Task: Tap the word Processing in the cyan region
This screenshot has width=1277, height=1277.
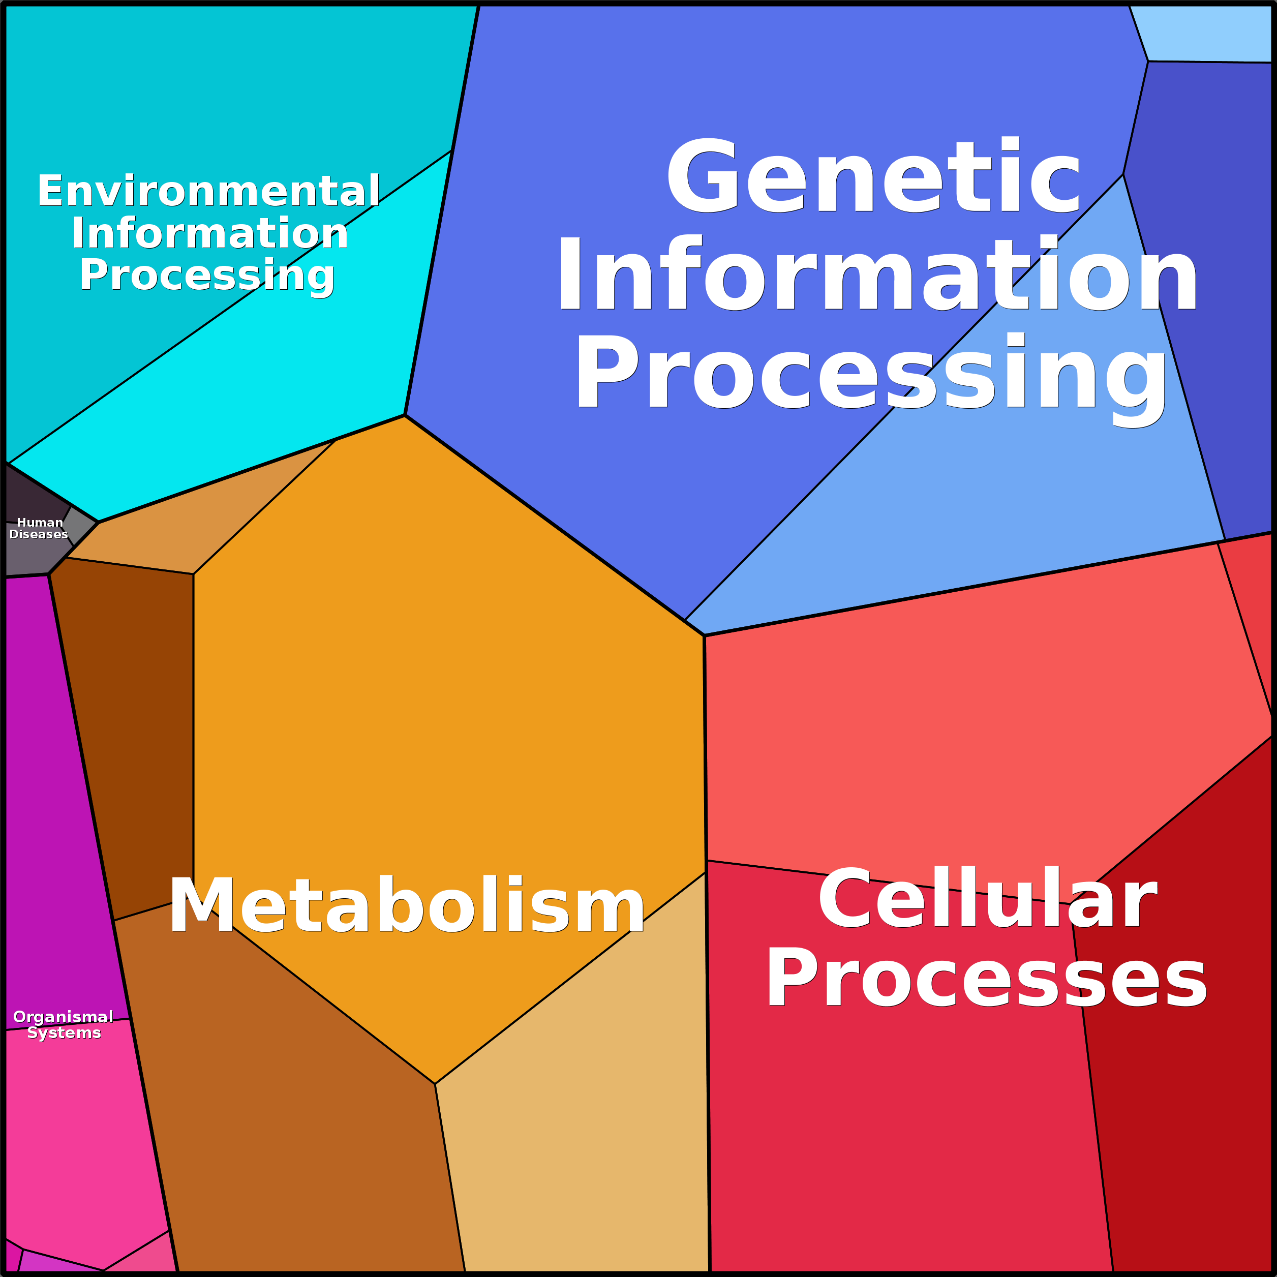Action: [207, 276]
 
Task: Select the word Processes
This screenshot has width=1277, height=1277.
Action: [986, 977]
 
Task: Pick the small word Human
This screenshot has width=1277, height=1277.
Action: [40, 522]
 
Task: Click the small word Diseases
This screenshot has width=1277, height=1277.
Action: [38, 534]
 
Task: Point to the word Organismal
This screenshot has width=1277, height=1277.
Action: [64, 1017]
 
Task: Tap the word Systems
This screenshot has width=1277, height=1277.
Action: [64, 1032]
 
